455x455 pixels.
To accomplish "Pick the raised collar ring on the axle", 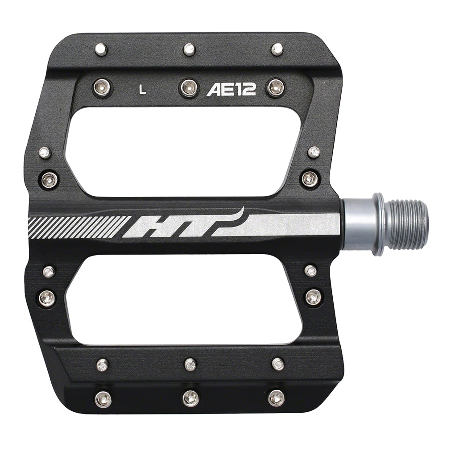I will click(378, 224).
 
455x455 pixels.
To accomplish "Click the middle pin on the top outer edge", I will click(189, 49).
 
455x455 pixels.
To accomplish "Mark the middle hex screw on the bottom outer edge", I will click(191, 398).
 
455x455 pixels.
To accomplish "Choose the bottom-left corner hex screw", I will click(103, 398).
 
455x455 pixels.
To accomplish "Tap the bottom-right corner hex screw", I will click(277, 397).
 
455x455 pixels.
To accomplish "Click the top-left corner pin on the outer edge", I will click(101, 49).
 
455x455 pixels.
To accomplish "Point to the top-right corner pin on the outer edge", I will click(277, 49).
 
